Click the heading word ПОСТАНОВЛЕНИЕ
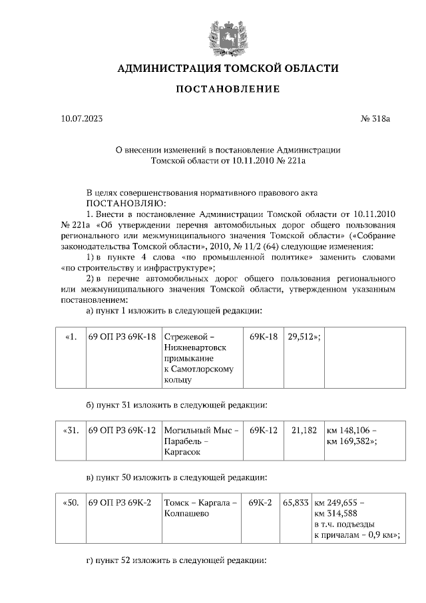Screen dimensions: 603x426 pyautogui.click(x=228, y=89)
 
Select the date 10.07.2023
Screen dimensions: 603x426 pyautogui.click(x=82, y=120)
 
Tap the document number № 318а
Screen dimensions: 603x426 pyautogui.click(x=375, y=120)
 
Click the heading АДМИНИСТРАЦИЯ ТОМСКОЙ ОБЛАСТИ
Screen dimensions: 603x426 pyautogui.click(x=228, y=69)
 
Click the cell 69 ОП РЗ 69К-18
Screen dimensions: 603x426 pyautogui.click(x=122, y=337)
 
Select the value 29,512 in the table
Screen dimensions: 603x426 pyautogui.click(x=304, y=337)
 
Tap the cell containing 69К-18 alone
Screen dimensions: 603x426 pyautogui.click(x=263, y=337)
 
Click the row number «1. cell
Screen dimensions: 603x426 pyautogui.click(x=73, y=337)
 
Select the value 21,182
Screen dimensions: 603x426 pyautogui.click(x=304, y=431)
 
